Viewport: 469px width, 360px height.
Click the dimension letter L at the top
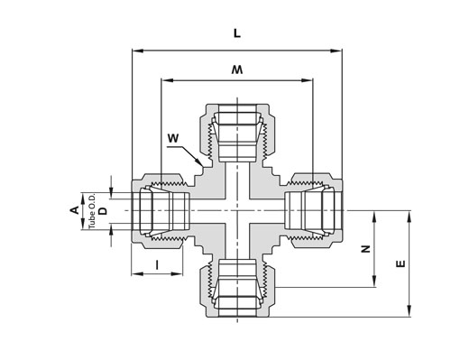pyautogui.click(x=237, y=33)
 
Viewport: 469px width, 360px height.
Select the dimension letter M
pyautogui.click(x=237, y=69)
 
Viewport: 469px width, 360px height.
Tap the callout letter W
pyautogui.click(x=173, y=138)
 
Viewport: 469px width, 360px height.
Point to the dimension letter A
pyautogui.click(x=75, y=210)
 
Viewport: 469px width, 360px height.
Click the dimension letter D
pyautogui.click(x=103, y=211)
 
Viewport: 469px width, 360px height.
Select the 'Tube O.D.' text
pyautogui.click(x=92, y=211)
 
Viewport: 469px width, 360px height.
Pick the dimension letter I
pyautogui.click(x=157, y=265)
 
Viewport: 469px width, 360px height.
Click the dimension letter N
pyautogui.click(x=365, y=249)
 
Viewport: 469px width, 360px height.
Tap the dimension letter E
pyautogui.click(x=400, y=264)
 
